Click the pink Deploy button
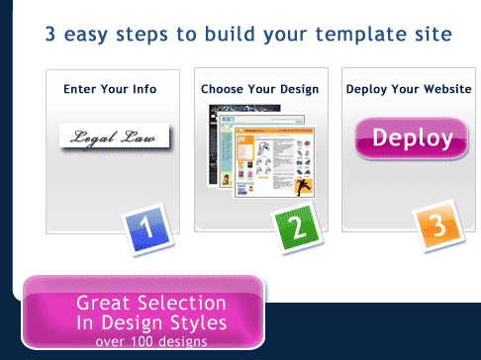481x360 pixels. point(412,138)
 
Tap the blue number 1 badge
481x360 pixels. point(147,229)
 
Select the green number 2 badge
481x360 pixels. point(297,227)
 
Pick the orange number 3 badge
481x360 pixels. point(438,225)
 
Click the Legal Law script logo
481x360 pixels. point(115,137)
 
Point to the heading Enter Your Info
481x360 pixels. point(110,89)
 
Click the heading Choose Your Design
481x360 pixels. point(260,89)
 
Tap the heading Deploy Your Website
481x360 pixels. point(409,89)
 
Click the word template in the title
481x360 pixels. point(361,35)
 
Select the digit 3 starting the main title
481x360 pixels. point(50,34)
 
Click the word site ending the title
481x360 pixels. point(433,34)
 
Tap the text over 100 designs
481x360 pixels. point(151,341)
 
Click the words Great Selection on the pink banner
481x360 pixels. point(151,303)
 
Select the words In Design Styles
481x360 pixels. point(151,322)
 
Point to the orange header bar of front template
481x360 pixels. point(274,131)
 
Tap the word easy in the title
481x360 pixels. point(86,35)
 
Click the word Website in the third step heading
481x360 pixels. point(447,89)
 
